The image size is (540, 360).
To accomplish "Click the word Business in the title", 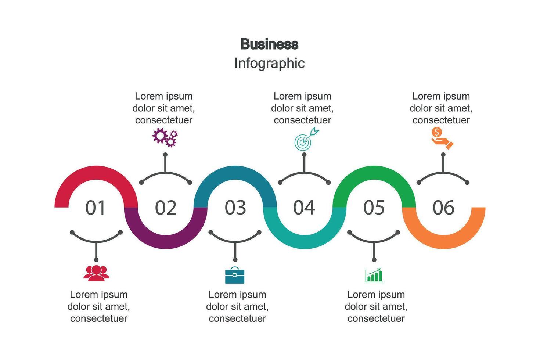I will coord(269,44).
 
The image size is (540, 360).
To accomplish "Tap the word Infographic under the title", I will coord(269,63).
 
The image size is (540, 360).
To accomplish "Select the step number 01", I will coord(96,208).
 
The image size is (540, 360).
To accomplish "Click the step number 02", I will coord(165,208).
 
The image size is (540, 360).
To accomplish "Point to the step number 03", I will coord(235,208).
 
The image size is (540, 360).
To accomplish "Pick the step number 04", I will coord(304,208).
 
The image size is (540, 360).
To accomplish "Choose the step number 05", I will coord(374,208).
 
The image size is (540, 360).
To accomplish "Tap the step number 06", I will coord(443,208).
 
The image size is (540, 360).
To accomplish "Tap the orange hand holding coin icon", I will coord(442,138).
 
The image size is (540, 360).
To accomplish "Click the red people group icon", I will coord(96,273).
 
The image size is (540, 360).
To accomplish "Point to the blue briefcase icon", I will coord(235,276).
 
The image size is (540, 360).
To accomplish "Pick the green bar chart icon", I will coord(374,275).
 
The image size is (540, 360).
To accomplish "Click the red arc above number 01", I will coord(96,173).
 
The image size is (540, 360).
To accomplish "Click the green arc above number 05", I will coord(374,173).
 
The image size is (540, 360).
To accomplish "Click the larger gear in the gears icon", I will coord(160,135).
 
